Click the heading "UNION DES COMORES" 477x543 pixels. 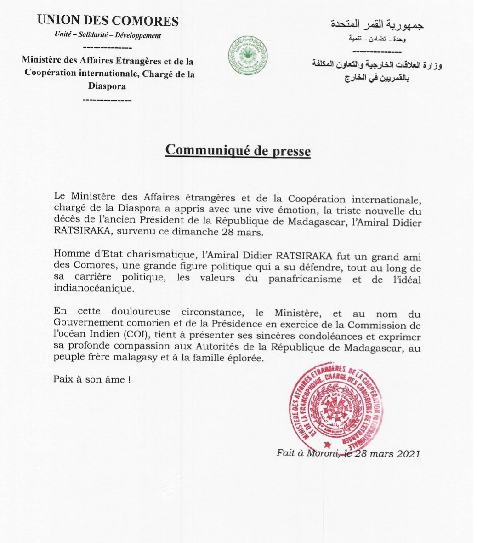point(108,21)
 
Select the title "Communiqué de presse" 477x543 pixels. point(238,150)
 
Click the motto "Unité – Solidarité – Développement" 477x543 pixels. point(108,35)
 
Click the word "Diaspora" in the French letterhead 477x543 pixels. point(108,86)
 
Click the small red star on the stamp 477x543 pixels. point(327,445)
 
